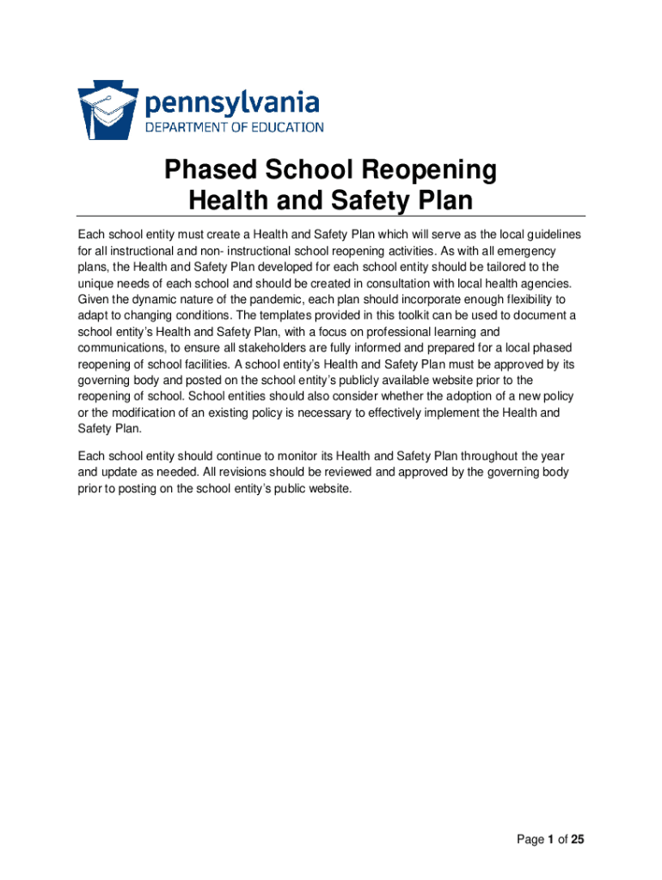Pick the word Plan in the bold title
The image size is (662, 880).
click(x=444, y=201)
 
